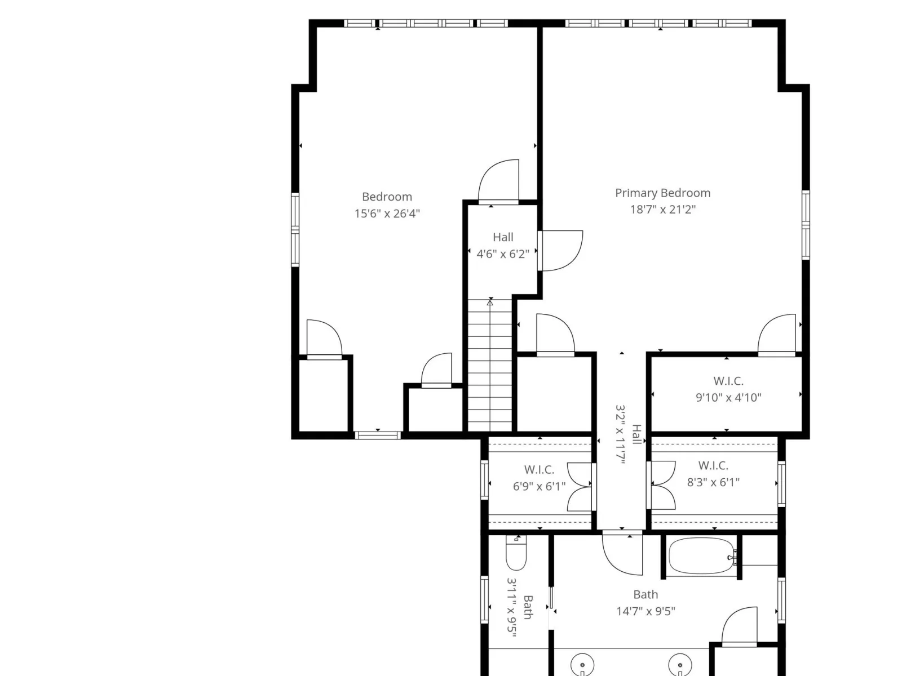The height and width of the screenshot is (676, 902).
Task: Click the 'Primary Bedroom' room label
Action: (x=662, y=193)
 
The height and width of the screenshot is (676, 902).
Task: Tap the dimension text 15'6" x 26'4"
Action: (x=387, y=214)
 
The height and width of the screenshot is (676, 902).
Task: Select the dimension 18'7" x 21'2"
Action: (x=663, y=210)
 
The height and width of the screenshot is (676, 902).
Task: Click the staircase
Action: (x=490, y=365)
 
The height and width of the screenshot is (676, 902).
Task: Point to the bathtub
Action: (x=702, y=557)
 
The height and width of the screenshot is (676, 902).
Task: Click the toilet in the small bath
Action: (x=516, y=553)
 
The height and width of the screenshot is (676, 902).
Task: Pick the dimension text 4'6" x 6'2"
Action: (x=502, y=254)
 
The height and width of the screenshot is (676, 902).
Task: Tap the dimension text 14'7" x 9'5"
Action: (x=645, y=611)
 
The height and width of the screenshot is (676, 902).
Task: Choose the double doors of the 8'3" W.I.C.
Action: (x=662, y=485)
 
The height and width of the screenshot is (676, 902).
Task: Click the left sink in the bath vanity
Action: (x=582, y=665)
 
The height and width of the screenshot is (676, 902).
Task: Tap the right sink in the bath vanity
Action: (x=680, y=665)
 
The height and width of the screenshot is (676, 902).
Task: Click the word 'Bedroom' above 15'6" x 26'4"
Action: (x=387, y=197)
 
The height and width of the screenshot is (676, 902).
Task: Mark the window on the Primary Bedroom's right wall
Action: (x=806, y=225)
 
